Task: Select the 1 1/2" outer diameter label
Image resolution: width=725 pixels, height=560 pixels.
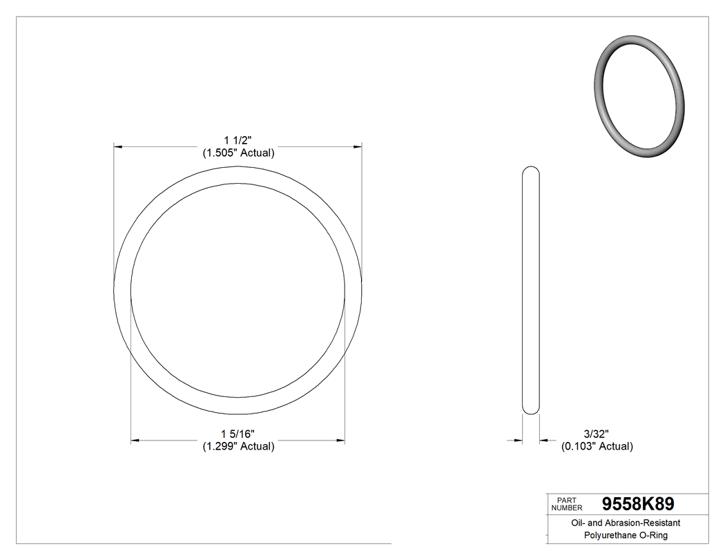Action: (238, 140)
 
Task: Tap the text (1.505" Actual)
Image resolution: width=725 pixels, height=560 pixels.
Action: (238, 153)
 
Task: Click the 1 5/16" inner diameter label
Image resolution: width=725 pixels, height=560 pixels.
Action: (238, 434)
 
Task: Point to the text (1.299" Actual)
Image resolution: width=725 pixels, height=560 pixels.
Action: (238, 447)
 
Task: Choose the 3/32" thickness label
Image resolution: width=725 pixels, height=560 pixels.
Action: (596, 434)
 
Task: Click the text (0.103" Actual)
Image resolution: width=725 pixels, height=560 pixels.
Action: (597, 447)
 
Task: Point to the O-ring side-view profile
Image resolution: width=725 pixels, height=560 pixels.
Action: (530, 290)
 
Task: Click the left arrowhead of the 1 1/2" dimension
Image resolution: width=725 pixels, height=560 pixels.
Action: (119, 146)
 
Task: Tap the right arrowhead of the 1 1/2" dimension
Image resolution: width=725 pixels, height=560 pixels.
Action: (357, 146)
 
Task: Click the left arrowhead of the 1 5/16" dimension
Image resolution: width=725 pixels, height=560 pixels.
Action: (135, 440)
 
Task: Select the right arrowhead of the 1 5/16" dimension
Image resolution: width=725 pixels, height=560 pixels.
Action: (340, 440)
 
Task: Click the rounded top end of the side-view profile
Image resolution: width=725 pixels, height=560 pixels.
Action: (530, 170)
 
